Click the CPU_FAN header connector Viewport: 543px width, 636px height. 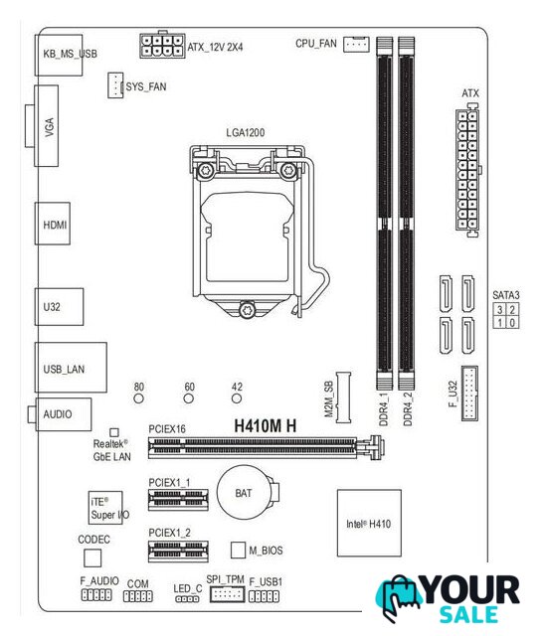pyautogui.click(x=356, y=44)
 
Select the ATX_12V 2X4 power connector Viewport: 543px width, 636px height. pyautogui.click(x=162, y=46)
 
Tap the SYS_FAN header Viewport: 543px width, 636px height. pyautogui.click(x=115, y=85)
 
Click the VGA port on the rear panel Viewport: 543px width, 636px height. pyautogui.click(x=46, y=126)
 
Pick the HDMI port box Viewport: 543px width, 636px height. pyautogui.click(x=53, y=224)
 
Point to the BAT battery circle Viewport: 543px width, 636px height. pyautogui.click(x=244, y=493)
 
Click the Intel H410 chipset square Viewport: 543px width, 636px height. pyautogui.click(x=369, y=523)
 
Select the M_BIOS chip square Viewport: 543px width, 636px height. pyautogui.click(x=238, y=550)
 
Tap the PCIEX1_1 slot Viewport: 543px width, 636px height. pyautogui.click(x=178, y=499)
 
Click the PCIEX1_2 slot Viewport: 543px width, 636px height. pyautogui.click(x=178, y=552)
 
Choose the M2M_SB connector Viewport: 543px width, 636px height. pyautogui.click(x=343, y=397)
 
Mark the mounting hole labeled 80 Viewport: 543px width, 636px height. pyautogui.click(x=139, y=398)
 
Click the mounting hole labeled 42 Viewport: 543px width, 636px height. pyautogui.click(x=237, y=398)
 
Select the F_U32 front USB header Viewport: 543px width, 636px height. pyautogui.click(x=469, y=394)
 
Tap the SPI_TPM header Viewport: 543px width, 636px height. pyautogui.click(x=227, y=594)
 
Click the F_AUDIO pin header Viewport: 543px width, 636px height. pyautogui.click(x=96, y=595)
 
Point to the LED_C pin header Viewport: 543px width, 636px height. pyautogui.click(x=187, y=598)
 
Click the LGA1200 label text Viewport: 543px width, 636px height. pyautogui.click(x=245, y=132)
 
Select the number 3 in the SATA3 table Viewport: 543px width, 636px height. pyautogui.click(x=500, y=310)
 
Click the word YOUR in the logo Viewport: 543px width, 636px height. pyautogui.click(x=470, y=590)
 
